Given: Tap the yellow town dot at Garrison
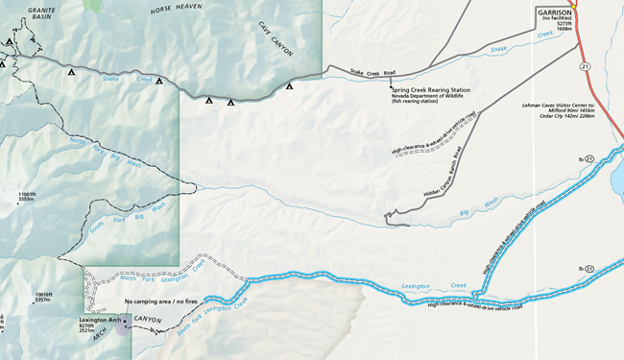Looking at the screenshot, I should click(574, 3).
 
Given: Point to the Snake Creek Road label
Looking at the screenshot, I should click(372, 72).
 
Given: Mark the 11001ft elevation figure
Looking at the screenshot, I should click(26, 195).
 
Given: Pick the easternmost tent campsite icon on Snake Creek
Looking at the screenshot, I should click(289, 86).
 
